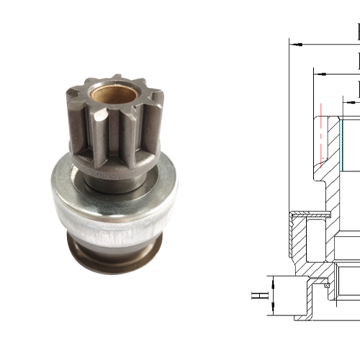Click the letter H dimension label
coord(256,295)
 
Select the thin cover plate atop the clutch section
coord(310,213)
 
